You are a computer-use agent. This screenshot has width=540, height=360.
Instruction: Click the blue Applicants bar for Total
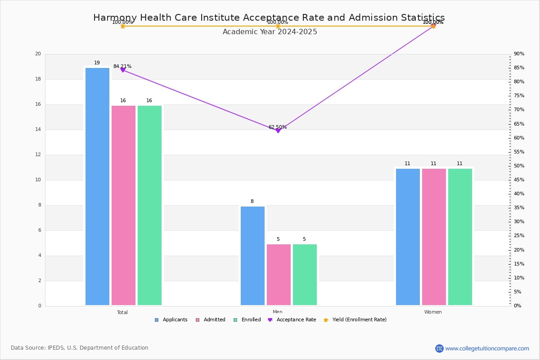pos(97,186)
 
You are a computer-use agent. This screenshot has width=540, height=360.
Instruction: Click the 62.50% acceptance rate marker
pos(278,130)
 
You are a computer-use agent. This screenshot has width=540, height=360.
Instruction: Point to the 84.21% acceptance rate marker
pos(123,70)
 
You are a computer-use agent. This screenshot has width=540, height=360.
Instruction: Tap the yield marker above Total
pos(123,26)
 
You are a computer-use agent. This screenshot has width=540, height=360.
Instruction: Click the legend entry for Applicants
pos(171,320)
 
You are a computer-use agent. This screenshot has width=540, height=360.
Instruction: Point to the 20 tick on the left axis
pos(38,54)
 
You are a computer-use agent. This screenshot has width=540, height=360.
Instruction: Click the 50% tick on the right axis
pos(518,166)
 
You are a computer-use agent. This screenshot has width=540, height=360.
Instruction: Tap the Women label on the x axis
pos(433,312)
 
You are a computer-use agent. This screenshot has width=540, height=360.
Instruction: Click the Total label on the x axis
pos(122,312)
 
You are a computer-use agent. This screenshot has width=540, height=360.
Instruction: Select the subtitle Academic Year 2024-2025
pos(270,32)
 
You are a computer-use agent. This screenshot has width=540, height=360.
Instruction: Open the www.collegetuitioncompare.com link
pos(487,348)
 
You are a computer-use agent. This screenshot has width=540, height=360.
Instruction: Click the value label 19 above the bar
pos(97,63)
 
